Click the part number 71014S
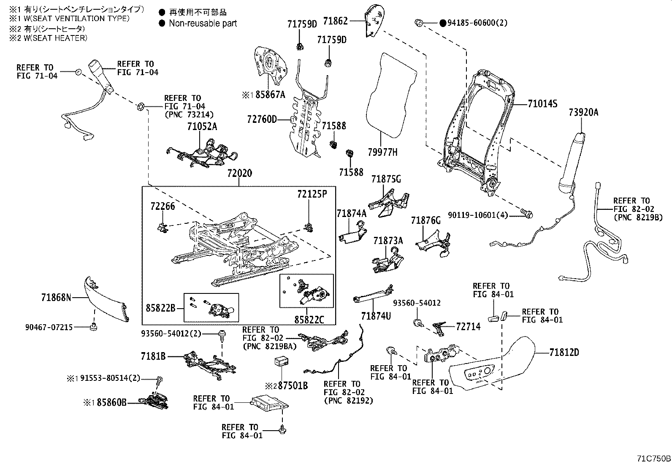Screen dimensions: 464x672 click(542, 104)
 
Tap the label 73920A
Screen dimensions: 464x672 click(583, 112)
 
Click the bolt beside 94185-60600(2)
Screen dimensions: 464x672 click(420, 23)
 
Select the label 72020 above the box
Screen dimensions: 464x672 click(239, 174)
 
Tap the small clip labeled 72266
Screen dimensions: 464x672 click(162, 227)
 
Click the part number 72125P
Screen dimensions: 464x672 click(312, 194)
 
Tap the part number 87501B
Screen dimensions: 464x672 click(292, 385)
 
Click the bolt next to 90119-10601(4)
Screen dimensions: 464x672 click(527, 214)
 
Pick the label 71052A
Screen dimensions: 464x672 click(202, 126)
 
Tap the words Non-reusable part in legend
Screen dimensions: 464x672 click(203, 24)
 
